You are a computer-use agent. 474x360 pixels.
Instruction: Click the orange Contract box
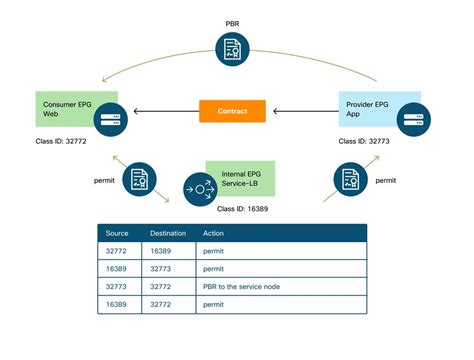tap(232, 111)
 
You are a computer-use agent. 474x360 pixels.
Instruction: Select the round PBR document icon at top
tap(232, 48)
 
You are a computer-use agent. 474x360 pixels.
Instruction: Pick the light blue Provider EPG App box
tap(377, 110)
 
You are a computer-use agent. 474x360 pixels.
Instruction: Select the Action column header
tap(215, 233)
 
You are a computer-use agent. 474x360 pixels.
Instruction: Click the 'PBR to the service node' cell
tap(243, 287)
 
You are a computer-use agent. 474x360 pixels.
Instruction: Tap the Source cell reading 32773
tap(117, 287)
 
